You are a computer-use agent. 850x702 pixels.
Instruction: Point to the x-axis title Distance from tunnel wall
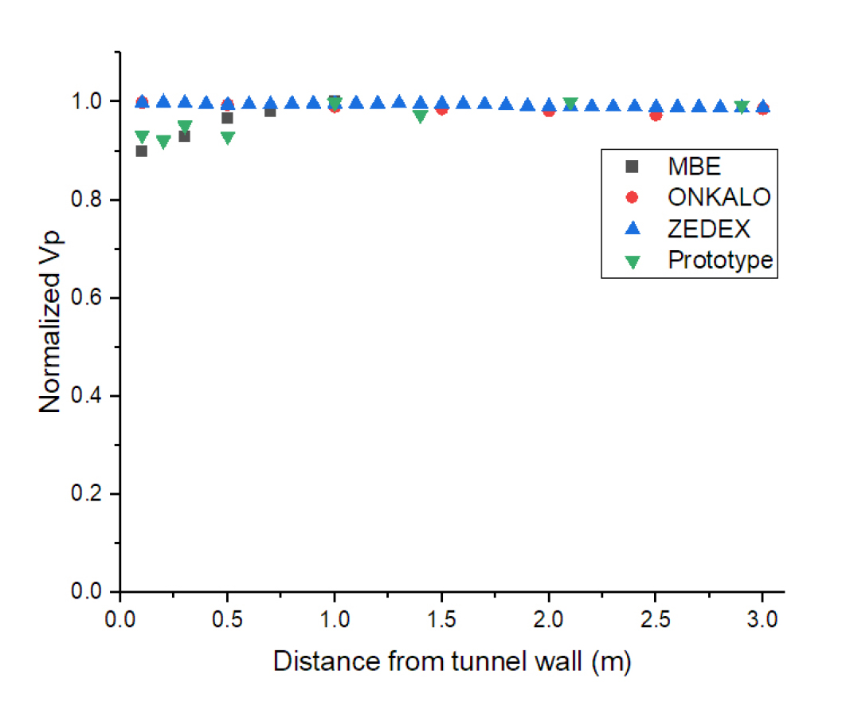(x=452, y=662)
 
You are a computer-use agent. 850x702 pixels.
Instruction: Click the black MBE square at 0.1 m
(x=142, y=151)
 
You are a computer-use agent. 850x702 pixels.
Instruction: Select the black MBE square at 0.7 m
(x=270, y=111)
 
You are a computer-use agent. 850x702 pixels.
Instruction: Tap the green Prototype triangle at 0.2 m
(x=163, y=142)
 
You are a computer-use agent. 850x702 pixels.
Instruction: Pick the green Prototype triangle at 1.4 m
(x=421, y=116)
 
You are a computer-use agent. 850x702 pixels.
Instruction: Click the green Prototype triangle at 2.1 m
(x=570, y=104)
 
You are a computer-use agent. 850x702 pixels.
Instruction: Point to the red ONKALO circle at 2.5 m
(x=656, y=115)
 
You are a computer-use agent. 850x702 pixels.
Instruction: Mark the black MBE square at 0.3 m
(x=185, y=136)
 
